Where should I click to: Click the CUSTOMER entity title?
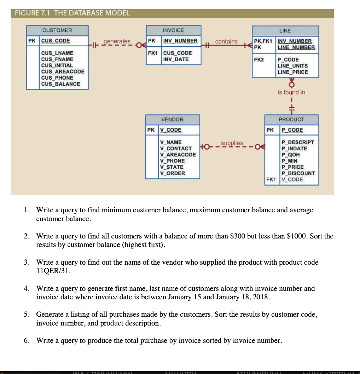(57, 30)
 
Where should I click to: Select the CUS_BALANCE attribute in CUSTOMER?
(60, 84)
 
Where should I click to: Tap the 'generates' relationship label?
(117, 41)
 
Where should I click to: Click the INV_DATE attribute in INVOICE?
(176, 59)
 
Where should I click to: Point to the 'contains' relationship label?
(226, 41)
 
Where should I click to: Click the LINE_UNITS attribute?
(292, 66)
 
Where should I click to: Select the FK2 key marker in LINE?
(259, 60)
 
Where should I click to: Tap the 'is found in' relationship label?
(291, 92)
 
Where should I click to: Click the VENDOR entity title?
(172, 120)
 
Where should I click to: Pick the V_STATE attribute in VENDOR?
(172, 167)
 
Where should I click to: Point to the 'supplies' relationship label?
(232, 143)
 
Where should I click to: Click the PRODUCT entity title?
(291, 120)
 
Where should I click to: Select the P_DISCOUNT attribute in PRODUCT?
(298, 173)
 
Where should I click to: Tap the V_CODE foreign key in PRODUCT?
(292, 179)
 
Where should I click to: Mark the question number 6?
(27, 340)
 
